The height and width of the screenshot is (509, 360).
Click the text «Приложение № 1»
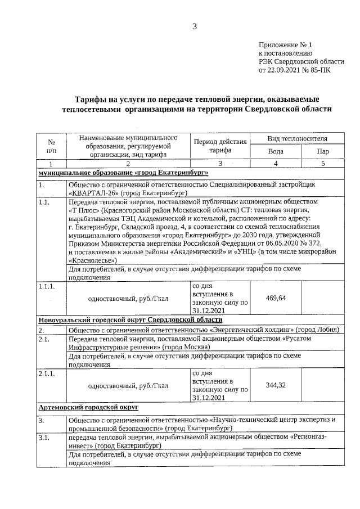pos(285,44)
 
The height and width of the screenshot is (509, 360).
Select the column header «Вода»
pos(276,151)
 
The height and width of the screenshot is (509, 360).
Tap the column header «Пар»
pos(323,151)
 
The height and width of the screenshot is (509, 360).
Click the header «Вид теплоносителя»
pos(298,138)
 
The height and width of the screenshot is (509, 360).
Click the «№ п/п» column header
pos(51,146)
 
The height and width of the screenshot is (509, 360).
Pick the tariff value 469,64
pos(276,298)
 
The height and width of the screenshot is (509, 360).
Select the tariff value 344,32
pos(276,385)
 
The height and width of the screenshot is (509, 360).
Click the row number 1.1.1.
pos(47,286)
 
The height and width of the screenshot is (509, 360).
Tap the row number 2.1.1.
pos(47,373)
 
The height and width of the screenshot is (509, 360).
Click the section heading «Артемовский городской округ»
pos(88,407)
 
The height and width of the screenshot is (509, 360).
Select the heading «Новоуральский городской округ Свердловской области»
pos(130,319)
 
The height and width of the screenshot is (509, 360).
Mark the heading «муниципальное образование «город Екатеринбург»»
pos(123,172)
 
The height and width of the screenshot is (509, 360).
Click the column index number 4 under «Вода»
pos(276,163)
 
